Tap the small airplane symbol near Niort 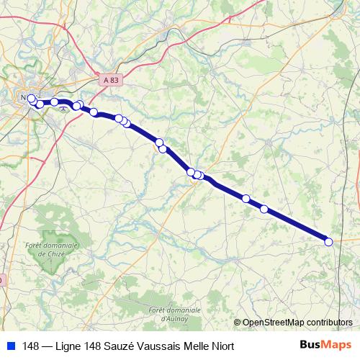coord(66,108)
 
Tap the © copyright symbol coord(237,322)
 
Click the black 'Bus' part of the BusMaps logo coord(312,345)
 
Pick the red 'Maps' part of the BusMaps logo coord(338,345)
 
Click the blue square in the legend coord(9,346)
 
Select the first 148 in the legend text coord(31,346)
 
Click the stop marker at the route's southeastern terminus coord(329,242)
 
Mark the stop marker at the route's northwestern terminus coord(31,98)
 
